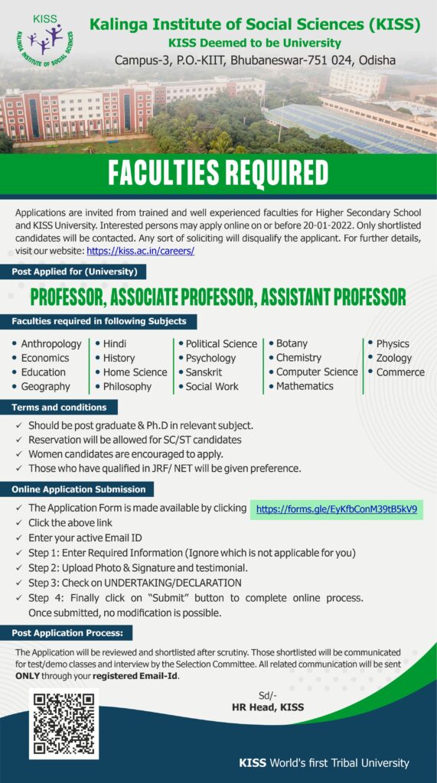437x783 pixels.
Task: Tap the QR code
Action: tap(65, 724)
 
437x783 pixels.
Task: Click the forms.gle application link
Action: tap(336, 508)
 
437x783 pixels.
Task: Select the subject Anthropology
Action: tap(51, 343)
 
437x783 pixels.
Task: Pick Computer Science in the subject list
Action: tap(317, 372)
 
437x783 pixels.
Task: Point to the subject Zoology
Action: tap(393, 358)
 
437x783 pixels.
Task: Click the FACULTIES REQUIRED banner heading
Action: tap(218, 174)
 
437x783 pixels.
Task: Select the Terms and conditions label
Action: tap(60, 408)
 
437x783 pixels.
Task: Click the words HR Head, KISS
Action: tap(268, 707)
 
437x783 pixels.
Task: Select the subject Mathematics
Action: tap(305, 386)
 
